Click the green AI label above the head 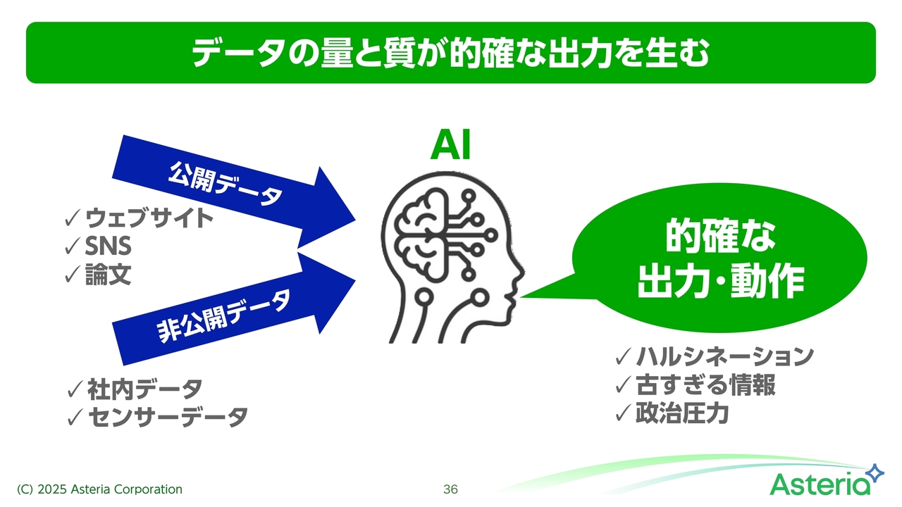pyautogui.click(x=450, y=145)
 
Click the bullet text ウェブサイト pyautogui.click(x=149, y=218)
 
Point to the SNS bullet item pyautogui.click(x=108, y=246)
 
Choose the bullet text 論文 pyautogui.click(x=108, y=275)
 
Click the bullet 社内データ pyautogui.click(x=145, y=389)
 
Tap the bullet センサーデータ pyautogui.click(x=168, y=417)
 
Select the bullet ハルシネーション pyautogui.click(x=725, y=356)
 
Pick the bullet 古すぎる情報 pyautogui.click(x=705, y=384)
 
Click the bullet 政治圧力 pyautogui.click(x=682, y=413)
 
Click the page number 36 pyautogui.click(x=450, y=489)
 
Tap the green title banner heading pyautogui.click(x=451, y=53)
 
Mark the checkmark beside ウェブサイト pyautogui.click(x=73, y=218)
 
